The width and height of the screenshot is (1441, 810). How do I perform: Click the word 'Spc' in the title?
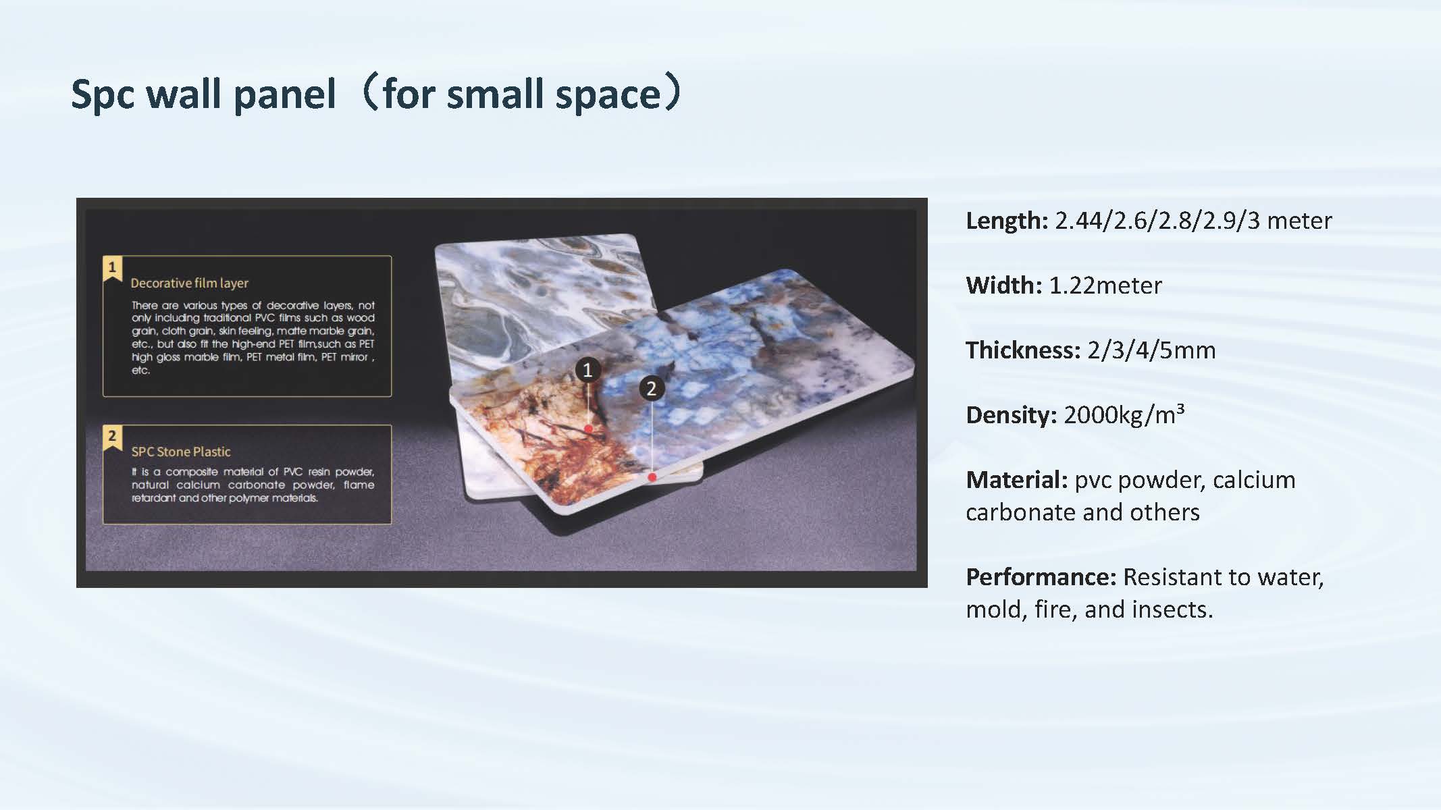(103, 94)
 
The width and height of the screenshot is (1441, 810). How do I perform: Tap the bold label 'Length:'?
(1007, 221)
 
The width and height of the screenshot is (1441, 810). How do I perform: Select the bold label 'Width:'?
(1004, 286)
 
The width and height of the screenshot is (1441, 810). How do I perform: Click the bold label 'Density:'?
(1012, 415)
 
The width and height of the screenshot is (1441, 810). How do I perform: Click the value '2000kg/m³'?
(1124, 414)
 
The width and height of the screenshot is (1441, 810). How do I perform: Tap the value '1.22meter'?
(1105, 286)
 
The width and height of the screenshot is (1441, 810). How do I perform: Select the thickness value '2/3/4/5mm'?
(1152, 350)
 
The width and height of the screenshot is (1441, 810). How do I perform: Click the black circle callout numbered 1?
(587, 370)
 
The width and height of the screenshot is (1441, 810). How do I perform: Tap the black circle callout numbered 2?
(652, 388)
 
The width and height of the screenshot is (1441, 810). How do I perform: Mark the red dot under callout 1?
(589, 429)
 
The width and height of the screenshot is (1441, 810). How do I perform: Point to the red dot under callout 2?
(652, 477)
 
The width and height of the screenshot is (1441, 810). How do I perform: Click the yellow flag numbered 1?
(112, 269)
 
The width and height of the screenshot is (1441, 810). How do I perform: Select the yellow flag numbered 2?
(112, 437)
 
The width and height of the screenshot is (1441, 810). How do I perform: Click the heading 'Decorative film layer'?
(190, 283)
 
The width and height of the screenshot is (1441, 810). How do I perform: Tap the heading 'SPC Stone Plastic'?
(181, 452)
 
